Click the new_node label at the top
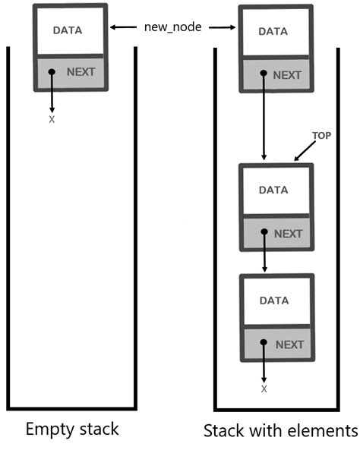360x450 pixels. click(173, 27)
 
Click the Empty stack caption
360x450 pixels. click(72, 428)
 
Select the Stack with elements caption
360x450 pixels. click(280, 430)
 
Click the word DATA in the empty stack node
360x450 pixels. click(68, 30)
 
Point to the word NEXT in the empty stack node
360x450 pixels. click(82, 72)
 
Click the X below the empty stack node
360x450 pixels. click(52, 120)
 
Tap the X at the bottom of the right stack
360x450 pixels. click(264, 389)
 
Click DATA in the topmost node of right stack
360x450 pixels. click(273, 32)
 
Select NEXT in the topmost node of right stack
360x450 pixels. click(287, 75)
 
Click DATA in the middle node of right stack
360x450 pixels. click(273, 190)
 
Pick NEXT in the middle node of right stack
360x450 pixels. click(288, 234)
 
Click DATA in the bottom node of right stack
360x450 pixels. click(273, 301)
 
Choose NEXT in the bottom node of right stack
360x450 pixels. click(289, 345)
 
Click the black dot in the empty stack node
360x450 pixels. click(52, 73)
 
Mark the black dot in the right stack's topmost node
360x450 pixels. click(264, 75)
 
